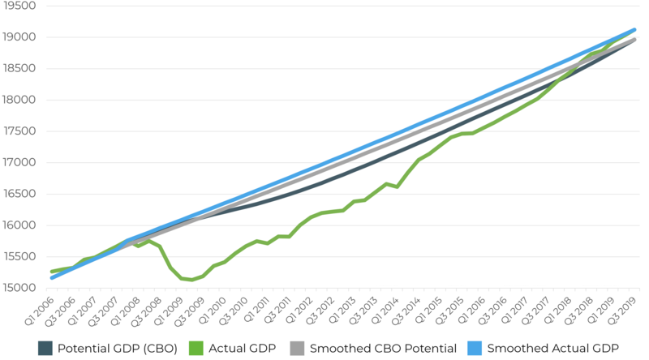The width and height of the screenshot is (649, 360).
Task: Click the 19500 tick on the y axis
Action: [19, 6]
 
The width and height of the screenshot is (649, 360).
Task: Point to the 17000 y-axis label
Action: [19, 162]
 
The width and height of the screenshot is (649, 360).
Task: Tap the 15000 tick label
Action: [19, 288]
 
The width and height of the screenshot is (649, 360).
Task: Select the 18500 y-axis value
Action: [19, 68]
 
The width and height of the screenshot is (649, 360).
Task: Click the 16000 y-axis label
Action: [19, 225]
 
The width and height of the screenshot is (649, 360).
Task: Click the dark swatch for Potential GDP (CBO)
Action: [45, 349]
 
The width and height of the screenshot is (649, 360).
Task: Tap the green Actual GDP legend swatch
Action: [196, 349]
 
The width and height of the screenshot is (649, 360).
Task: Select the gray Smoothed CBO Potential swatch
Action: [297, 349]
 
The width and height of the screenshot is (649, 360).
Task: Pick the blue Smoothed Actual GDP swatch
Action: [475, 349]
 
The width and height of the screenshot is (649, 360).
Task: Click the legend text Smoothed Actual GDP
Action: [553, 349]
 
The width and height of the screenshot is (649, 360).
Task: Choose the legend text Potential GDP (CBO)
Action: [118, 349]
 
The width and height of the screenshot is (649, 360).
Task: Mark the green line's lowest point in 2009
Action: [191, 281]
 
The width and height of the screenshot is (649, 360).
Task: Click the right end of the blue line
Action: [634, 30]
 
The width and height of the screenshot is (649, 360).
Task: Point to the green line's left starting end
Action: [51, 272]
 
